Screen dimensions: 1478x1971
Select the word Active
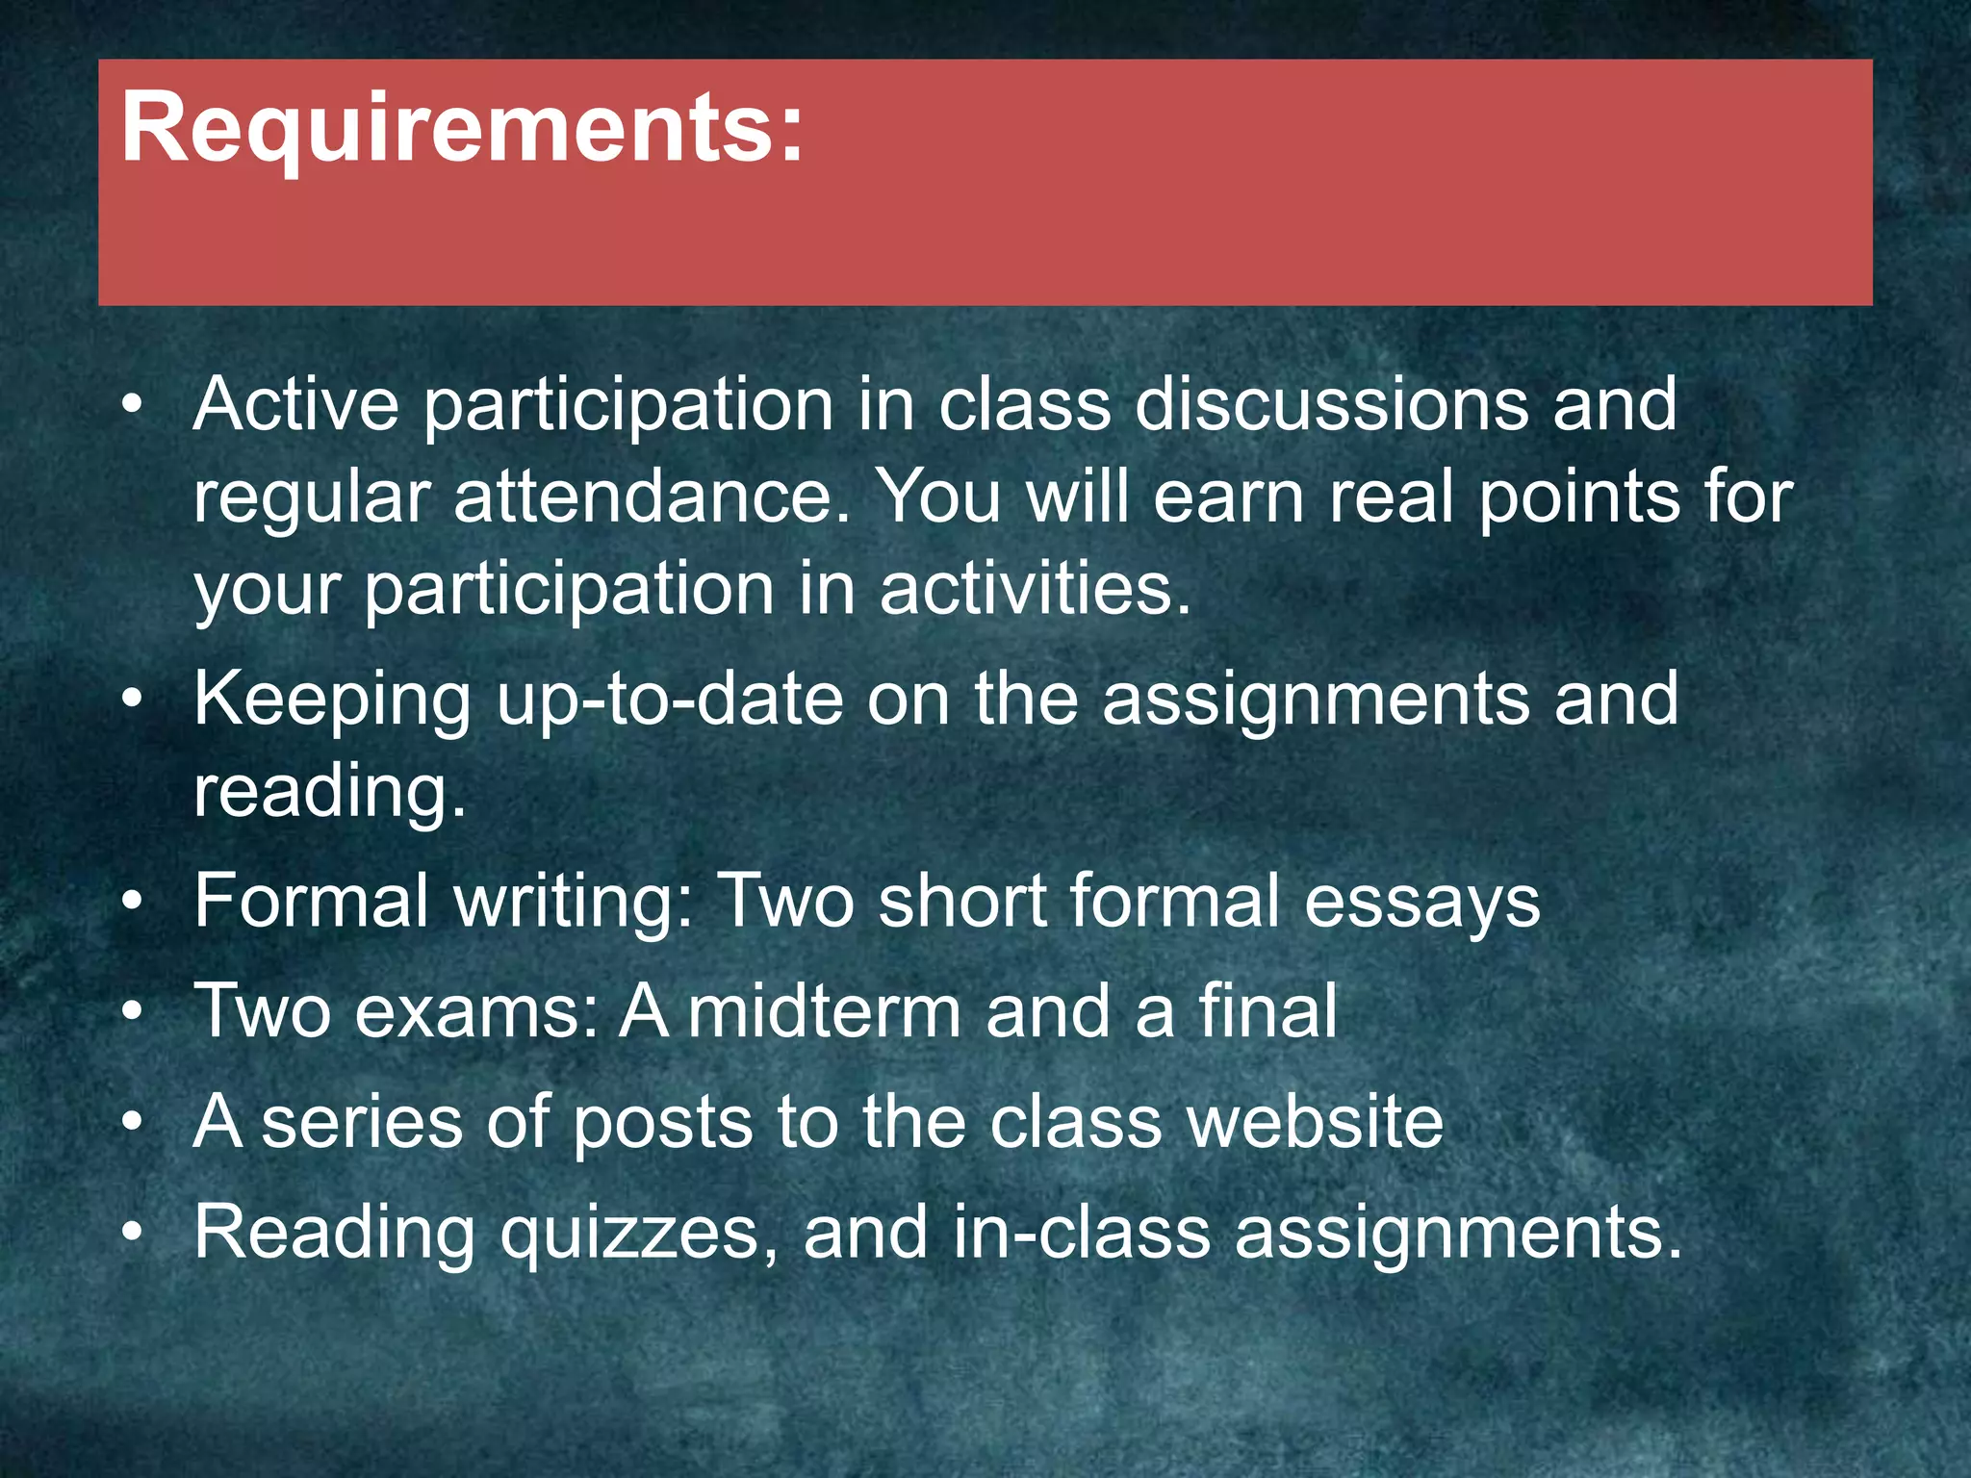(x=295, y=404)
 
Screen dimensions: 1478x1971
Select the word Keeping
(x=332, y=699)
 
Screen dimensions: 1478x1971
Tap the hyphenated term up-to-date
(x=670, y=699)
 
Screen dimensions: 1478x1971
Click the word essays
(x=1421, y=902)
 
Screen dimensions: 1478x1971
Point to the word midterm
(x=825, y=1011)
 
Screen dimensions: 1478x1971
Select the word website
(x=1315, y=1122)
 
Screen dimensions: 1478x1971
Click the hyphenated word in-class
(x=1082, y=1233)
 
